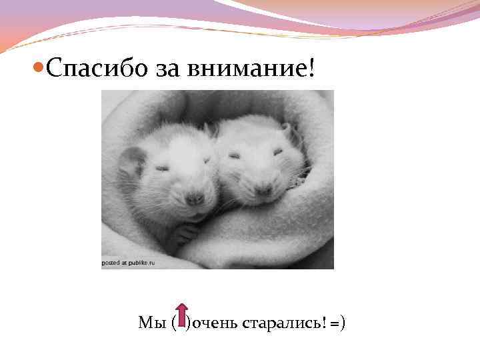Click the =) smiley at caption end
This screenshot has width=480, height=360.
[337, 323]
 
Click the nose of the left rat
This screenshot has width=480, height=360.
[194, 198]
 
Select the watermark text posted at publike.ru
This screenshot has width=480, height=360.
[128, 263]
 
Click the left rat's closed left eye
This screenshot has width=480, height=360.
[162, 168]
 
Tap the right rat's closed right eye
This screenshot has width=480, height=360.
[277, 152]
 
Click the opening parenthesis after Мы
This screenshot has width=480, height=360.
[173, 323]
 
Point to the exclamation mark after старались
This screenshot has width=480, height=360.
[324, 323]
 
